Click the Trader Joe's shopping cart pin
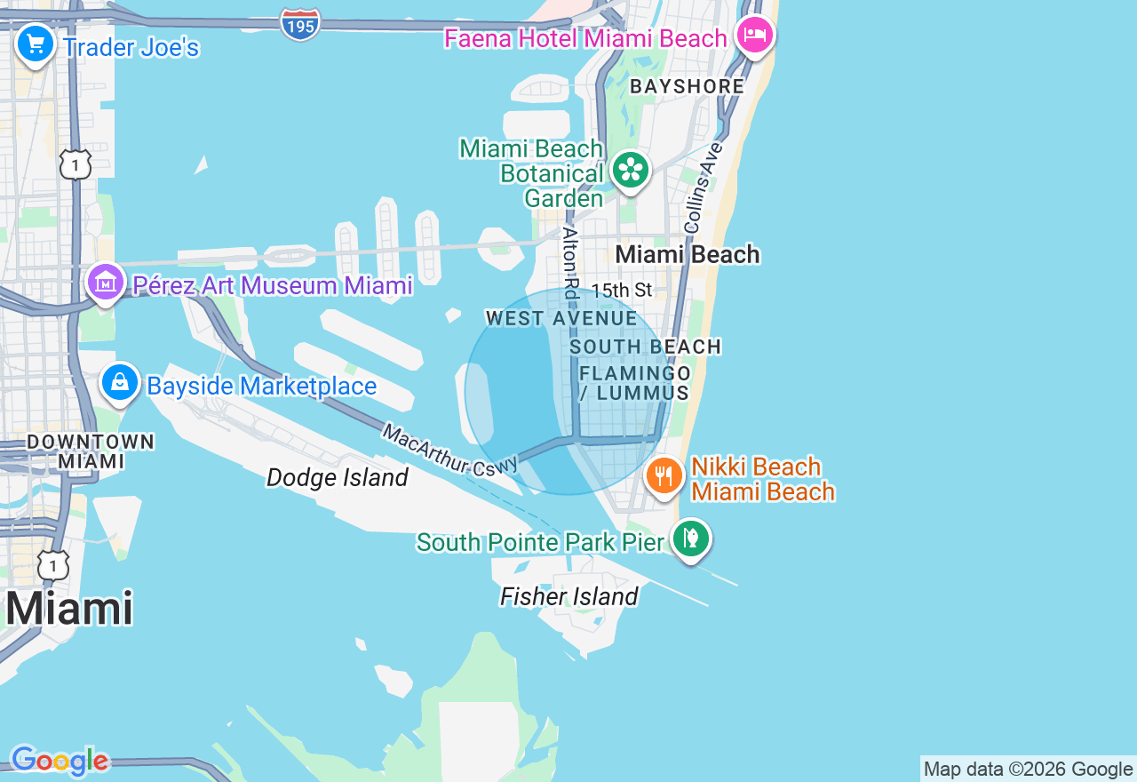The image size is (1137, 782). (36, 44)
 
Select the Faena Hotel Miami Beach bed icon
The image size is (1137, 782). (754, 36)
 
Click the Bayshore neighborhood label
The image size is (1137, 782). (687, 86)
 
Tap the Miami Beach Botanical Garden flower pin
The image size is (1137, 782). (630, 170)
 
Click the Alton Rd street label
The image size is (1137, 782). (571, 263)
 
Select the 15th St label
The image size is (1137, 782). (622, 291)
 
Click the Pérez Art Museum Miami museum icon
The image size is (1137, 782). (106, 283)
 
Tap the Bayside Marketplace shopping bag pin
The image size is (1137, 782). (120, 383)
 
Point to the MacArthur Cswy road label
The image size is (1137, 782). (449, 450)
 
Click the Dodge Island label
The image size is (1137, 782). (338, 478)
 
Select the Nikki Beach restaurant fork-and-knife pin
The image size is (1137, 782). (664, 476)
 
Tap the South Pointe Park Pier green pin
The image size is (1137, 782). (690, 539)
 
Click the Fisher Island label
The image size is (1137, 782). (569, 596)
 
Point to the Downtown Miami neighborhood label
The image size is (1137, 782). (91, 451)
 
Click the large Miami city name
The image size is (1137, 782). (69, 610)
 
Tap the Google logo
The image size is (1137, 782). (60, 761)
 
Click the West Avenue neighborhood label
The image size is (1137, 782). (561, 318)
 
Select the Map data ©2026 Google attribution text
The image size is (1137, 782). (1029, 770)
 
